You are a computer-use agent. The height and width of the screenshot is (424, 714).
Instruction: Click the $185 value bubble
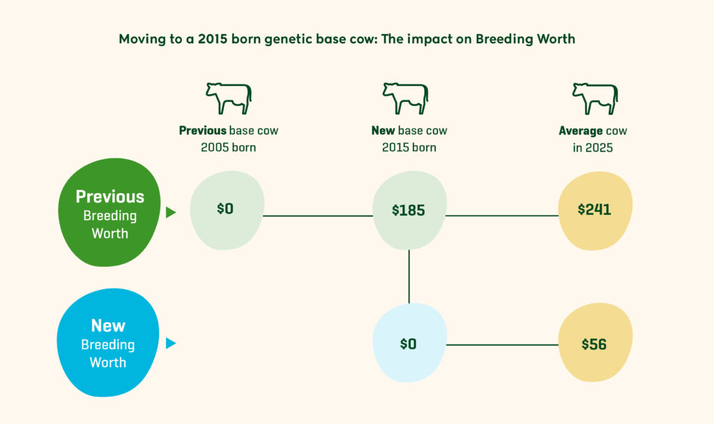(x=409, y=210)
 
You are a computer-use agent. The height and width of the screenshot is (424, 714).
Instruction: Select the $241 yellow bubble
(x=595, y=210)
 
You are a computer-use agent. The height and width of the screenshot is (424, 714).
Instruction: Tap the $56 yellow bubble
(x=594, y=343)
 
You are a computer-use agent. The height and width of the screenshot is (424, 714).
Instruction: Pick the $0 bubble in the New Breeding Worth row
(x=409, y=343)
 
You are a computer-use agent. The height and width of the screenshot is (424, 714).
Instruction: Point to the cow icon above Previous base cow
(x=228, y=98)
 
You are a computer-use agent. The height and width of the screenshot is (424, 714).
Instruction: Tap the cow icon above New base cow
(x=405, y=98)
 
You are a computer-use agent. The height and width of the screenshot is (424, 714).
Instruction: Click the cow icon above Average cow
(x=595, y=98)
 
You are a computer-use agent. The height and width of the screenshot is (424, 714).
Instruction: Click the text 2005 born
(x=228, y=147)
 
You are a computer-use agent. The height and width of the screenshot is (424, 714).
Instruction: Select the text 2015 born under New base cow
(x=409, y=147)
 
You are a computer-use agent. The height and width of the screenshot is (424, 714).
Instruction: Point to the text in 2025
(x=595, y=147)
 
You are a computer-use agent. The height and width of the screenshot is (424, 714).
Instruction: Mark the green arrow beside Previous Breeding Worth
(x=171, y=213)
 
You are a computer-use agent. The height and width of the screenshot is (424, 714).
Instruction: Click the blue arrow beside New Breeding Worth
(x=171, y=343)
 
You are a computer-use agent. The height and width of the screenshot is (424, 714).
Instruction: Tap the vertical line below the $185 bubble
(x=409, y=275)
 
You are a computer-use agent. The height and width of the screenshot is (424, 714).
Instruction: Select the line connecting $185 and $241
(x=502, y=215)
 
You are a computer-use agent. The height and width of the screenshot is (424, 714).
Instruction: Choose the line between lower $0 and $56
(x=502, y=344)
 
